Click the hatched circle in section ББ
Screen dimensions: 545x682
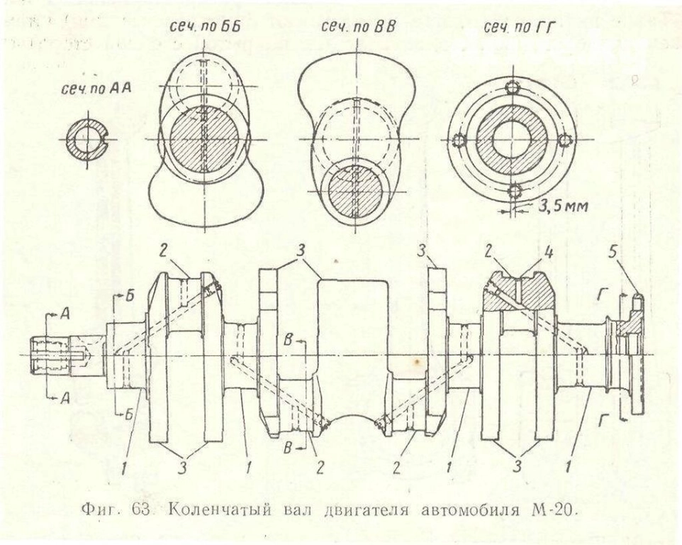point(203,140)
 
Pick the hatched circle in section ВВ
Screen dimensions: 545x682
point(354,192)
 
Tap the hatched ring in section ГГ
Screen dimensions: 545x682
point(512,140)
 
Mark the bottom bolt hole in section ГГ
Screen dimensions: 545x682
point(515,191)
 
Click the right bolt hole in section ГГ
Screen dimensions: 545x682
point(564,140)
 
